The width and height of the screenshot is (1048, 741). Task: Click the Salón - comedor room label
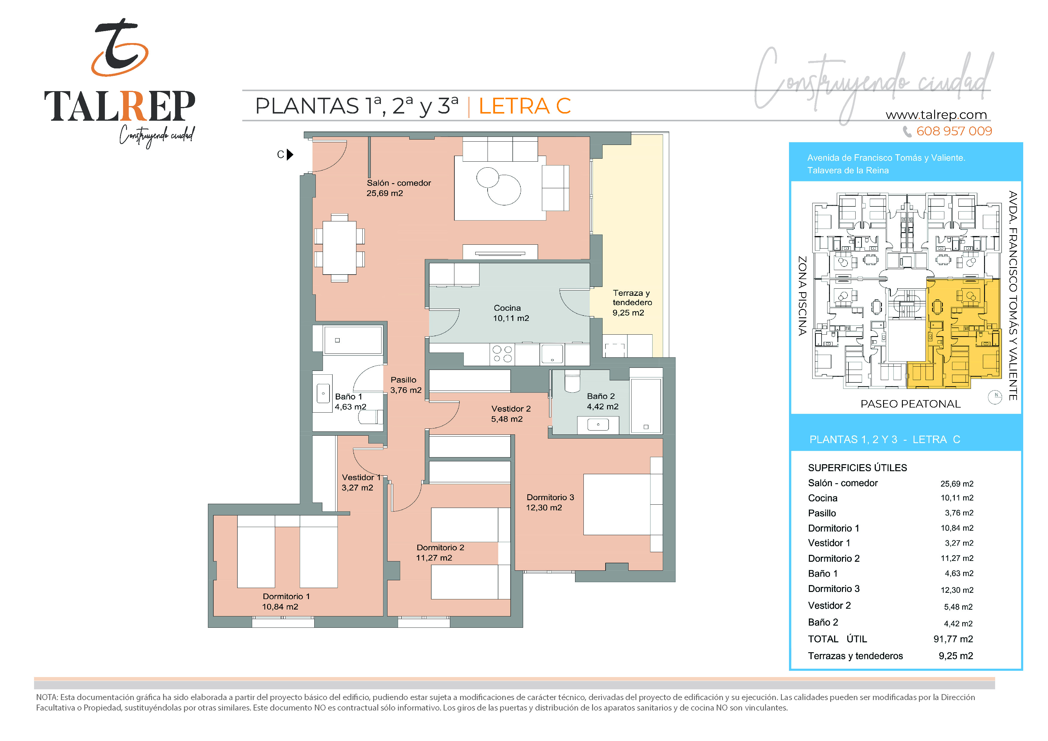coord(399,183)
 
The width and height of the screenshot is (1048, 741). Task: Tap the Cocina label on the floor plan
coord(507,308)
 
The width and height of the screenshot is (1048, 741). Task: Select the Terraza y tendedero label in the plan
coord(632,298)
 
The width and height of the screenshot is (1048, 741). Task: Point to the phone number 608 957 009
coord(954,131)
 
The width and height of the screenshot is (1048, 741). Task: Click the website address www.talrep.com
coord(936,115)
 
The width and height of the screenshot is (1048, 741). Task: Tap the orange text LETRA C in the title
coord(525,106)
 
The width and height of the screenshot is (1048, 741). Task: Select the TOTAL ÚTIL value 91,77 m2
coord(953,639)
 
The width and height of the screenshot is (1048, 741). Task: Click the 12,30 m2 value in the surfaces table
coord(957,590)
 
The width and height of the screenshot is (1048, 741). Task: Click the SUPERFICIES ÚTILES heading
coord(857,468)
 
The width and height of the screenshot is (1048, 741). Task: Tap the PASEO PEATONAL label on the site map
coord(911,404)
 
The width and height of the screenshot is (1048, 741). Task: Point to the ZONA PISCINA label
coord(802,296)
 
